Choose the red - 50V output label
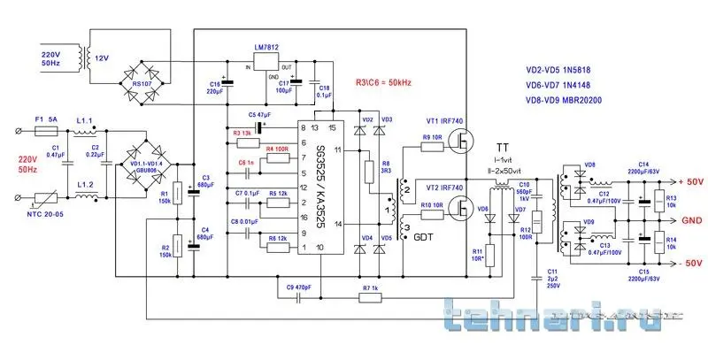[x=686, y=262]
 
